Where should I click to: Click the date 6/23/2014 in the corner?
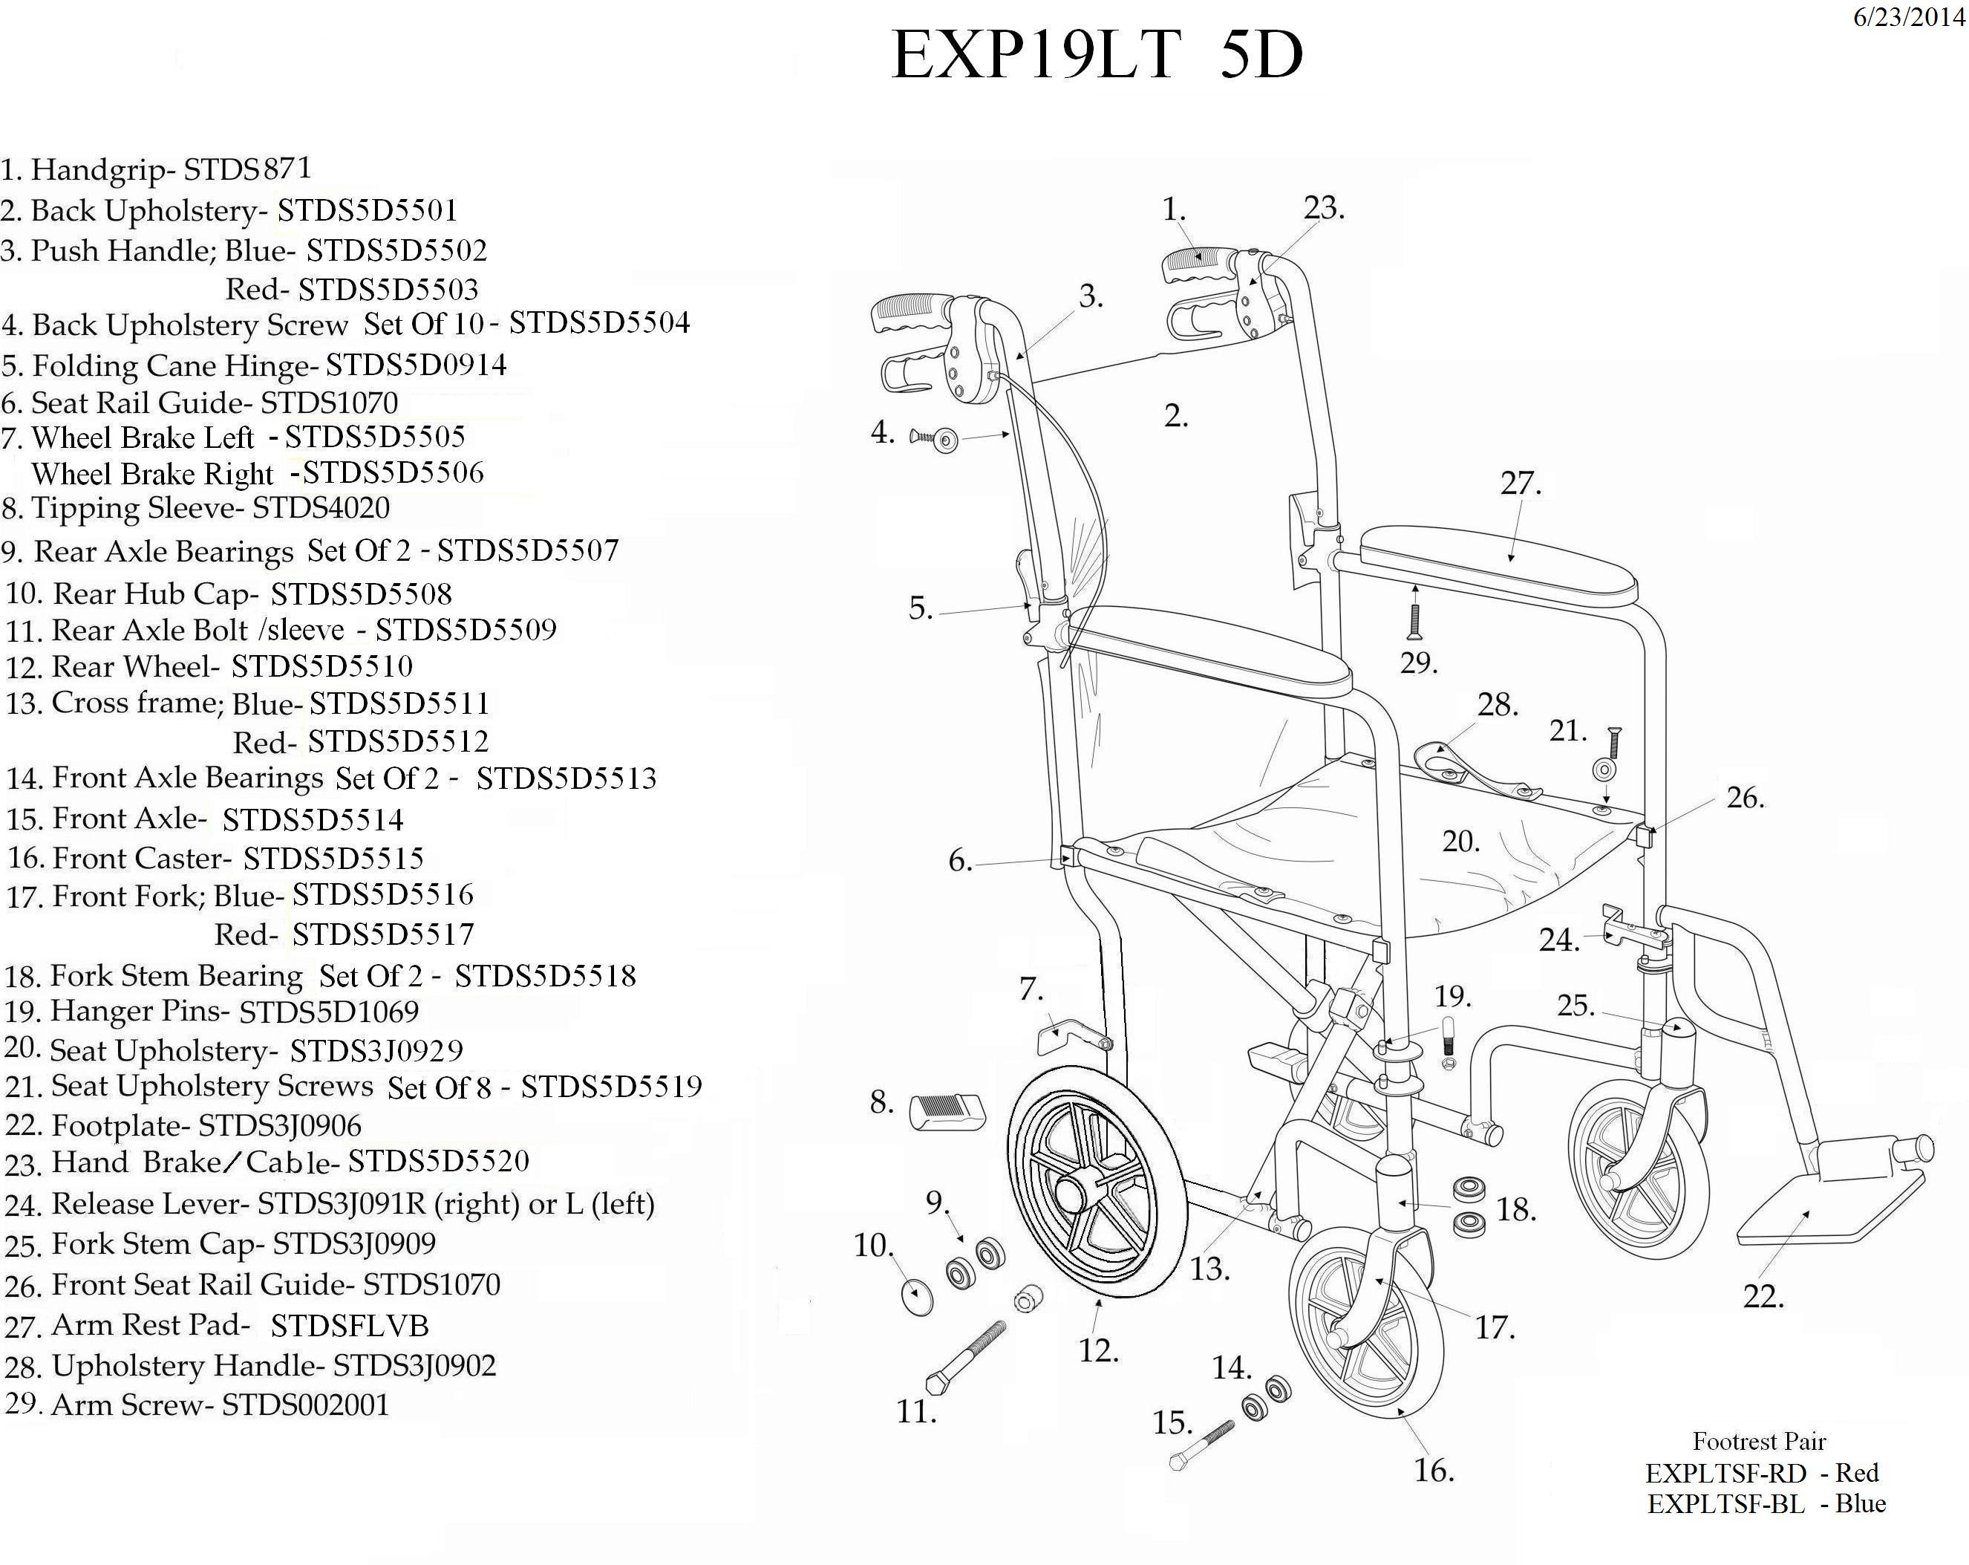pos(1908,17)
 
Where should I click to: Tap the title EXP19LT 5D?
pos(1096,55)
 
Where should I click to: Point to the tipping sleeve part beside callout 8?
pos(948,1112)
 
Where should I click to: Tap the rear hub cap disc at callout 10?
pos(917,1295)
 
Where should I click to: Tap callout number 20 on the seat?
pos(1460,842)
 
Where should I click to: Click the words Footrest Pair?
pos(1758,1441)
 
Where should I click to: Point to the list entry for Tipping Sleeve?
pos(196,508)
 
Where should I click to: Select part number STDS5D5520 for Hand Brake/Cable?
pos(438,1161)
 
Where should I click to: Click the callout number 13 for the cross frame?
pos(1209,1268)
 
